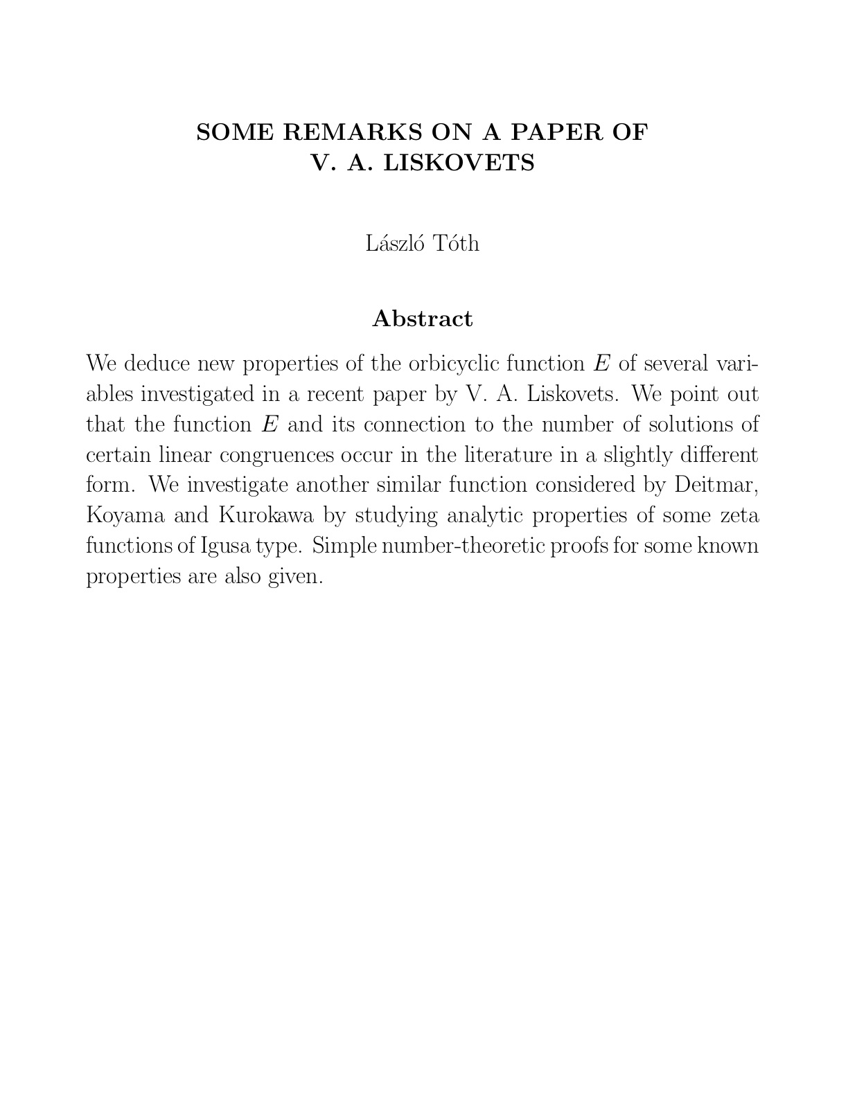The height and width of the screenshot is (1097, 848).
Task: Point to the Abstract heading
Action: click(423, 319)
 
